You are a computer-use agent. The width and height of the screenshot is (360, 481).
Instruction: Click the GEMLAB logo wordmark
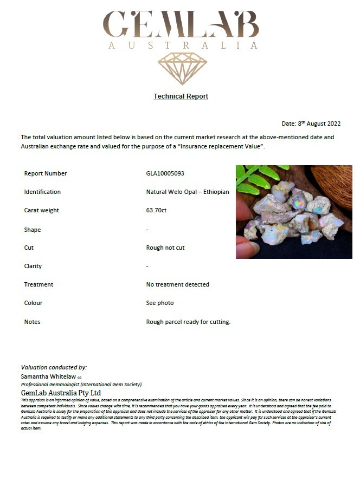tap(181, 24)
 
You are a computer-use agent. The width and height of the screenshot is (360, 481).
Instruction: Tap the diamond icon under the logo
tap(182, 68)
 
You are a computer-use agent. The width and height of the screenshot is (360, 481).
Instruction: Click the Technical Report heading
tap(181, 96)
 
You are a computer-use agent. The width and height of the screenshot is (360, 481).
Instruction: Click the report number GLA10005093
tap(169, 173)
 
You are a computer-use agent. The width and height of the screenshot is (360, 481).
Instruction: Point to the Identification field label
tap(42, 192)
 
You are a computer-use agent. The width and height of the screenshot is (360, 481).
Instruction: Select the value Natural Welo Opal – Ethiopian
tap(188, 192)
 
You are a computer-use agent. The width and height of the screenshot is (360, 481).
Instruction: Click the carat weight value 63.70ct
tap(156, 210)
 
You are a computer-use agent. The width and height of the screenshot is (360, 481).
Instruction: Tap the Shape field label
tap(33, 230)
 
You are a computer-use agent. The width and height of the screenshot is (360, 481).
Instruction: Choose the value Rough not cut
tap(165, 248)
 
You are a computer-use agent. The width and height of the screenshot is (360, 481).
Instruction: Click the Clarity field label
tap(33, 266)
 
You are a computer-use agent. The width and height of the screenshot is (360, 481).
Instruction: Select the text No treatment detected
tap(177, 284)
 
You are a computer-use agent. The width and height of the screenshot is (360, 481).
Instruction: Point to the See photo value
tap(160, 303)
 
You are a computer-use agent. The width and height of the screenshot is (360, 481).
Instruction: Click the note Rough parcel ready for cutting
tap(188, 322)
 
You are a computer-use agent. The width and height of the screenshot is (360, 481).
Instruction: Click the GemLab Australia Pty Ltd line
tap(61, 392)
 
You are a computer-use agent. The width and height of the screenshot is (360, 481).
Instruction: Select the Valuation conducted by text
tap(54, 367)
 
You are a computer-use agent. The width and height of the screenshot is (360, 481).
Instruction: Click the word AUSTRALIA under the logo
tap(183, 46)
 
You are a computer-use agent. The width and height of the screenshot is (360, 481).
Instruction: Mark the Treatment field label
tap(38, 284)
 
